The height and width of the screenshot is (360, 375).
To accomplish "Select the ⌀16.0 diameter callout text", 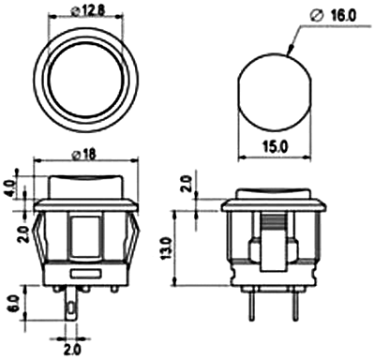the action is (334, 16).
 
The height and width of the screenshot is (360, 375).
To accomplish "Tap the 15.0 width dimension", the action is (275, 147).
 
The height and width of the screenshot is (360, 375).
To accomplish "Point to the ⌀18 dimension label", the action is (83, 155).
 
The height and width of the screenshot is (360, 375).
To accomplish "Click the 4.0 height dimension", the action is (10, 188).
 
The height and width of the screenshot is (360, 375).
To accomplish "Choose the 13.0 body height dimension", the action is (167, 248).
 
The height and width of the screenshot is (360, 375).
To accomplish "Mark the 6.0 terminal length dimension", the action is (14, 304).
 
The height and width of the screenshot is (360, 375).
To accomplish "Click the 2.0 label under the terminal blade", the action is (72, 350).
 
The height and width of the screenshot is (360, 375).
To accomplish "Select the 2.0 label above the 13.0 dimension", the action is (187, 184).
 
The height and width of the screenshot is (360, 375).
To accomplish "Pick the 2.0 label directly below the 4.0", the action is (23, 234).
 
